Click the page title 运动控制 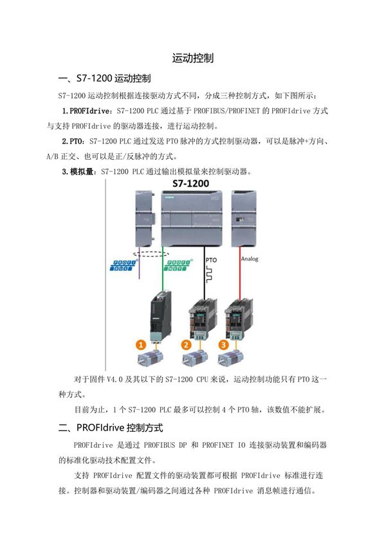click(192, 58)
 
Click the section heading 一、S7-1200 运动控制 click(104, 79)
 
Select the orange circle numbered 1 click(140, 345)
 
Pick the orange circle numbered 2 click(187, 345)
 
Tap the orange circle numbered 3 click(224, 345)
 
